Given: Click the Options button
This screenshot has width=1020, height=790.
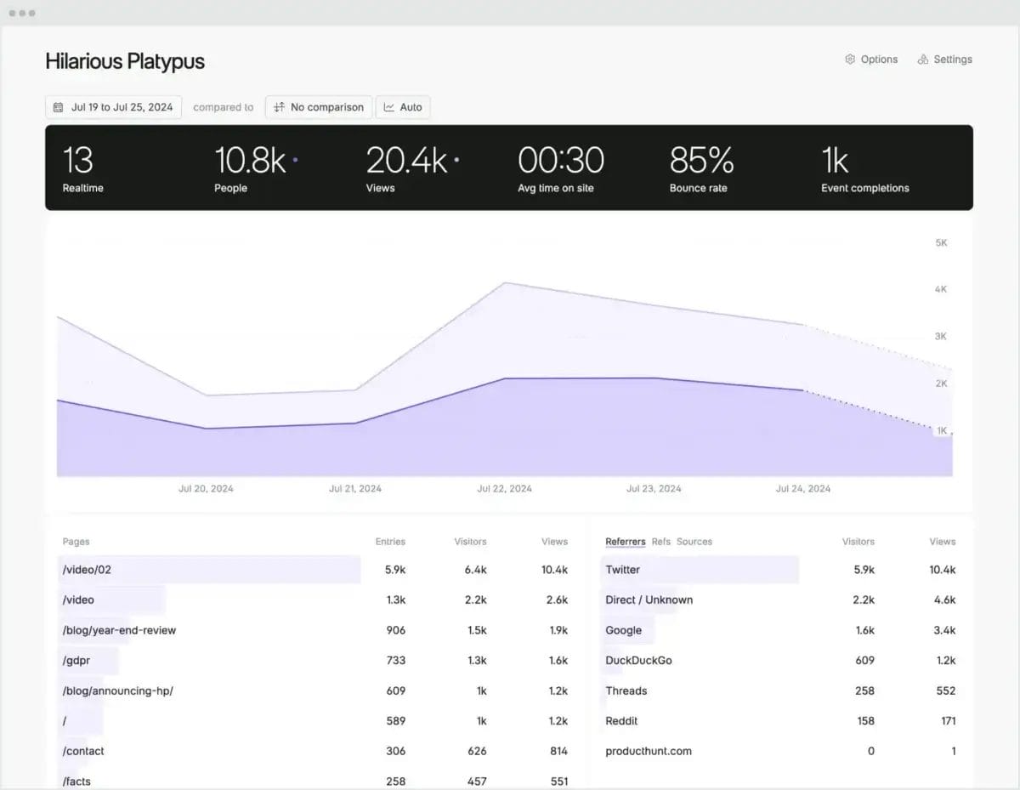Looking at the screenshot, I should (871, 60).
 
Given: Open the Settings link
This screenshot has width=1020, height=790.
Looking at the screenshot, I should (945, 60).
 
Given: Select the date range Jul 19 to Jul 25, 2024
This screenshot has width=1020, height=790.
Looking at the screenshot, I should (113, 107).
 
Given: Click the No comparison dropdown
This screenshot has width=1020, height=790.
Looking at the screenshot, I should (319, 107).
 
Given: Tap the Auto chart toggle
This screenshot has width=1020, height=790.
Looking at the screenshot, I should (403, 107).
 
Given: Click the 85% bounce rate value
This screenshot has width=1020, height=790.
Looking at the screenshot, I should (701, 161).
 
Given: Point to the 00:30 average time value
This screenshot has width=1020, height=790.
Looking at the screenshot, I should (561, 161).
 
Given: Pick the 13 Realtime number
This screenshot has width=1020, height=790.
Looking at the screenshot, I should (77, 161).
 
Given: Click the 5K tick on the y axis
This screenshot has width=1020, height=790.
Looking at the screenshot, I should (941, 243).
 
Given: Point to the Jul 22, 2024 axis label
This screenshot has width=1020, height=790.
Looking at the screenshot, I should (504, 489).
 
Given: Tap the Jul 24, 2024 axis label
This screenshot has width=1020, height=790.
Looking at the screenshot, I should (803, 489).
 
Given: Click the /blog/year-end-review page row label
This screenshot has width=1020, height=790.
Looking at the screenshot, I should (119, 630).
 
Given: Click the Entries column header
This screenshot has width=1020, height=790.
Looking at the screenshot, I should (390, 542).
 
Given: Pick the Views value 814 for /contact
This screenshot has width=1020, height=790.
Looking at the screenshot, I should (558, 752).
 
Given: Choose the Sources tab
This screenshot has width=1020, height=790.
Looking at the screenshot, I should (694, 542).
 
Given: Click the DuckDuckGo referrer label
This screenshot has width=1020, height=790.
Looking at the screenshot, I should (638, 661).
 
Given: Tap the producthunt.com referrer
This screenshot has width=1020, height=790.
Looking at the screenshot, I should (649, 752).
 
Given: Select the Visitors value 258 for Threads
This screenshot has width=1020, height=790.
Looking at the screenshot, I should (864, 691).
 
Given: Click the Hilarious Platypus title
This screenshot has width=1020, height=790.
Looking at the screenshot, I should (125, 61).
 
